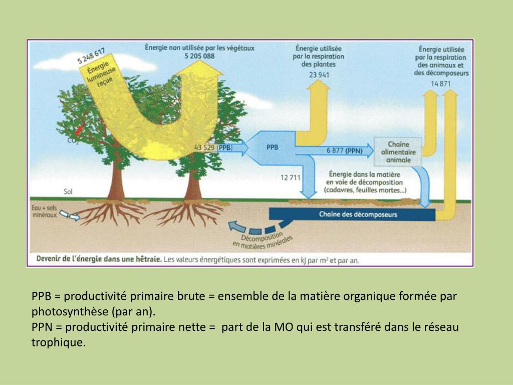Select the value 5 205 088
pos(199,56)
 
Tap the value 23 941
pos(319,75)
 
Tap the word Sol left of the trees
pos(68,191)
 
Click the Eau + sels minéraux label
pos(45,209)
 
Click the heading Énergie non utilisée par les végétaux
pos(199,48)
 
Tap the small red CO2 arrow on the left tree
pos(78,130)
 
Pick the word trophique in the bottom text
pos(55,343)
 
